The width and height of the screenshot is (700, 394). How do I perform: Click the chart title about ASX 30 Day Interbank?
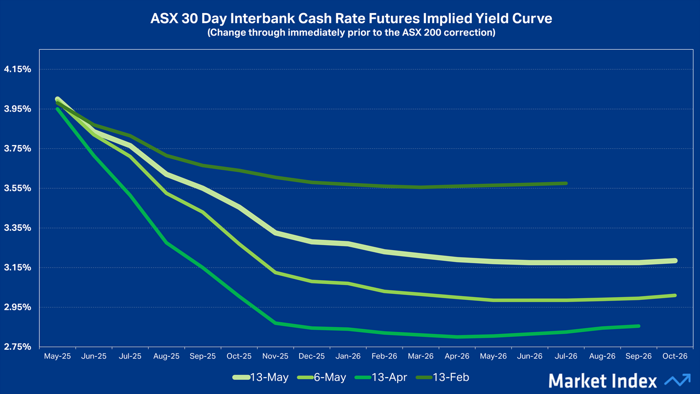351,19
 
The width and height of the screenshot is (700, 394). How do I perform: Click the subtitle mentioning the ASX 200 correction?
351,33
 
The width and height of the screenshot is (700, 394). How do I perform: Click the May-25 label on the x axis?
57,356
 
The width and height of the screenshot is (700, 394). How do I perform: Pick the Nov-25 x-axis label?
276,356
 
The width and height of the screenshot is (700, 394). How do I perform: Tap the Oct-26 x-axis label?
675,356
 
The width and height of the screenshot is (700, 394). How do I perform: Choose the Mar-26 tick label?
421,356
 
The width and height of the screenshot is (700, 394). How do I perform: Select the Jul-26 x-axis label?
566,356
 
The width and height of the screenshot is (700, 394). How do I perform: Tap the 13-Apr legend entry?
382,377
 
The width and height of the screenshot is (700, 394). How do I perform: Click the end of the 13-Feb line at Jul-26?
565,183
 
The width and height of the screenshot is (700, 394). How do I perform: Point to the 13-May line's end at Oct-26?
674,260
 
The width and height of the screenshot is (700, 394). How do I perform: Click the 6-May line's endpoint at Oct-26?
675,296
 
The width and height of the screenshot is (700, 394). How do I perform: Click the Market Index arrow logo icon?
677,380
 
